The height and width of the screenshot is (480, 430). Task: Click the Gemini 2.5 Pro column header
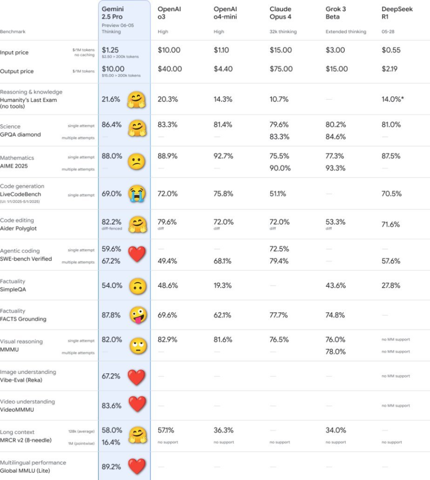(x=113, y=13)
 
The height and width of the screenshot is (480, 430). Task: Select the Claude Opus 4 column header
(x=280, y=13)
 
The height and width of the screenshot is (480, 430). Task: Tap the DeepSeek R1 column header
(x=391, y=13)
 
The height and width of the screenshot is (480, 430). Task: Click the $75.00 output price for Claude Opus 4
(x=281, y=69)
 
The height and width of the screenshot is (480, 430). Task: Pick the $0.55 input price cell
(x=391, y=50)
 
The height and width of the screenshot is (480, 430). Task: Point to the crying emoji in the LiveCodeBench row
(x=136, y=194)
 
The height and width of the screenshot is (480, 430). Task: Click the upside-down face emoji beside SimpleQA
(x=136, y=286)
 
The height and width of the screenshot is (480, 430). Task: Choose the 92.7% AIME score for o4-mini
(x=223, y=156)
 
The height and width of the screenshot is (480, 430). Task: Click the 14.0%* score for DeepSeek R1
(x=393, y=99)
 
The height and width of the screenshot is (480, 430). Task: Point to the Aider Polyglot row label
(x=18, y=228)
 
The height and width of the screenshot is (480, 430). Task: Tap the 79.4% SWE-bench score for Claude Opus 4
(x=279, y=261)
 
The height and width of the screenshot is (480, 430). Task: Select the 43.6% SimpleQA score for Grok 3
(x=335, y=286)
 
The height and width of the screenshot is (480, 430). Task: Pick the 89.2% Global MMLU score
(x=111, y=467)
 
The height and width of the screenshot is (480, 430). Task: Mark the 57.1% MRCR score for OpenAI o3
(x=167, y=430)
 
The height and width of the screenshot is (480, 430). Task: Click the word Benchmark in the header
(x=12, y=32)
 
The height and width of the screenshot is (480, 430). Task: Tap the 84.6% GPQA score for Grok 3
(x=335, y=137)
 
